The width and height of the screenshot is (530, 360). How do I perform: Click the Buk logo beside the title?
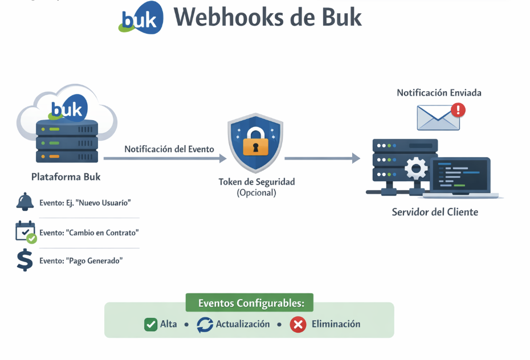click(x=140, y=18)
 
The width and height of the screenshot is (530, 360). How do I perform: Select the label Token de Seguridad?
click(x=256, y=182)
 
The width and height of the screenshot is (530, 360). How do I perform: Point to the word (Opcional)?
click(x=256, y=193)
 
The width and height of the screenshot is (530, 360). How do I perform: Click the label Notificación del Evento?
click(x=169, y=149)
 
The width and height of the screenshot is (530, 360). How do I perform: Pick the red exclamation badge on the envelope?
click(x=457, y=110)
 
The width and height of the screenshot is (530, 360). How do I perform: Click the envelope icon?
click(x=437, y=117)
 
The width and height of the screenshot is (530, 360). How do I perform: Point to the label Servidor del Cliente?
click(x=435, y=212)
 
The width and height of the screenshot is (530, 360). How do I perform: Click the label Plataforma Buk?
click(x=66, y=177)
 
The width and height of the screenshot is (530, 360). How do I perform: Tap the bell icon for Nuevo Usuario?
click(x=25, y=202)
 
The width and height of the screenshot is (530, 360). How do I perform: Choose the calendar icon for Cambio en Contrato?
click(x=25, y=232)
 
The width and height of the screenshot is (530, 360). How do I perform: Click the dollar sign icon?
click(x=25, y=260)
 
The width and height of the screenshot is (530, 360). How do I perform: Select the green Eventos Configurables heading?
click(x=250, y=303)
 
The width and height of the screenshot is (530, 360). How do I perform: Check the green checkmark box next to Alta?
click(x=150, y=324)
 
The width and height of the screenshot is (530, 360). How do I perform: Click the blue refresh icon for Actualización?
click(x=205, y=324)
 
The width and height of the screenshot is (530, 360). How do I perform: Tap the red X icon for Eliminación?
click(x=297, y=324)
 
